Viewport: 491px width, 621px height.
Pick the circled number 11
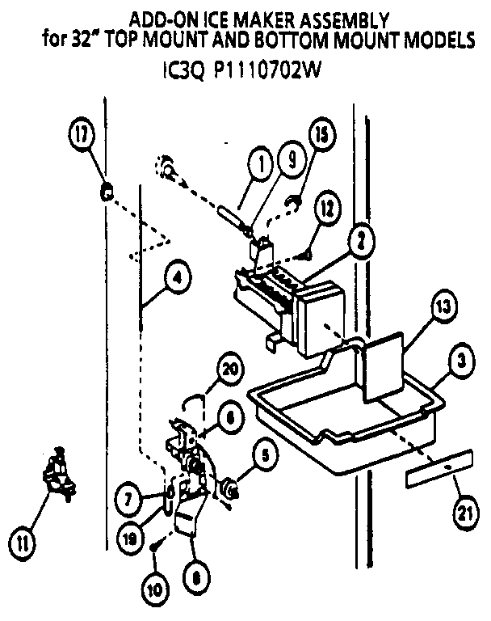[x=25, y=540]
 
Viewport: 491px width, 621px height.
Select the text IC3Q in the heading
[x=178, y=71]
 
